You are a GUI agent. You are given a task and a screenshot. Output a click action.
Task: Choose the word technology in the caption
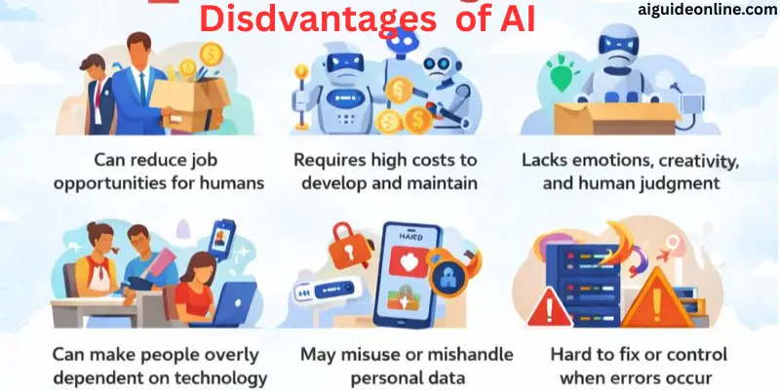[x=217, y=377]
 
